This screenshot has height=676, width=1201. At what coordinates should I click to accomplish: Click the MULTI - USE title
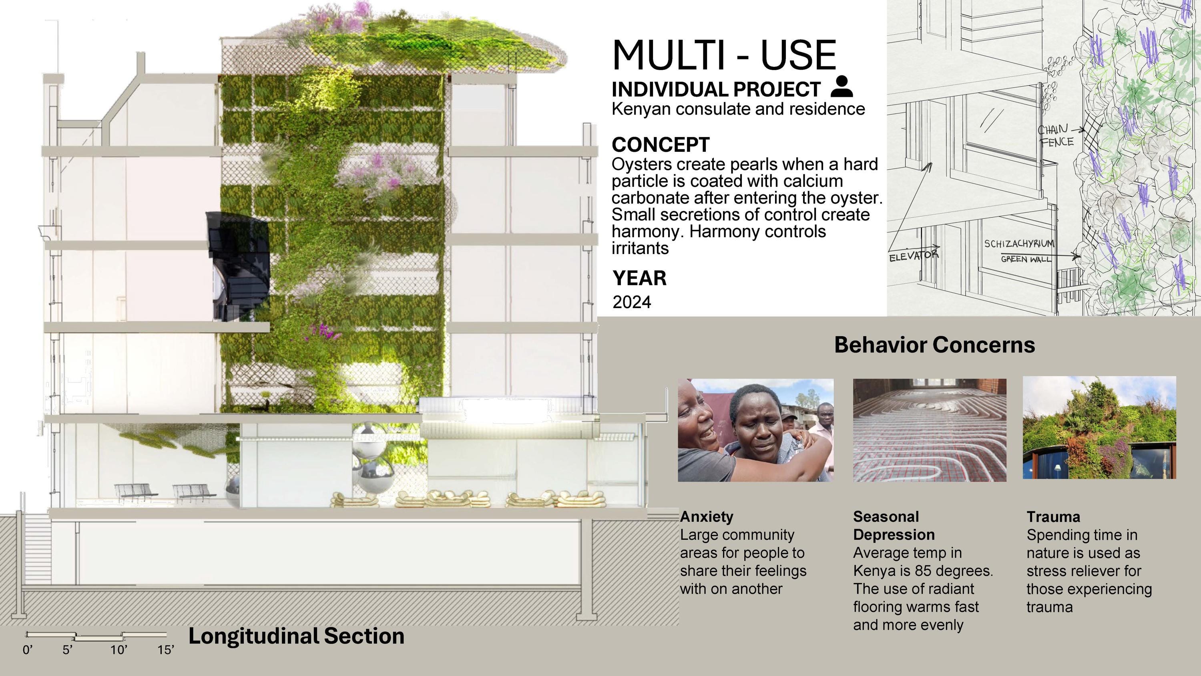[724, 55]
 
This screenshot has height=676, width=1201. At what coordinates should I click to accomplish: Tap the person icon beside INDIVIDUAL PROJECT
[842, 87]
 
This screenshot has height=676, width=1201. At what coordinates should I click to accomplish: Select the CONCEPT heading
[661, 145]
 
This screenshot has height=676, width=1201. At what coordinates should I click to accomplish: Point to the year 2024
[632, 302]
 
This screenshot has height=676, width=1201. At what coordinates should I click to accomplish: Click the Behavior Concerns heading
[934, 345]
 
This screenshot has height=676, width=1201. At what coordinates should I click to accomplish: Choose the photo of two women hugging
[756, 430]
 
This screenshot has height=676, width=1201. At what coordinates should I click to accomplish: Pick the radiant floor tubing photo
[930, 430]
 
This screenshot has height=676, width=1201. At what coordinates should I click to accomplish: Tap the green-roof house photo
[1099, 428]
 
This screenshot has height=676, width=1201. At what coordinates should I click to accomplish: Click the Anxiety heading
[706, 517]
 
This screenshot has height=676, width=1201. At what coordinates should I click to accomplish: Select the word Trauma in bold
[1053, 517]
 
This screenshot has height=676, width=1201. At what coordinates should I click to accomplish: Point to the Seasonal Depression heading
[894, 525]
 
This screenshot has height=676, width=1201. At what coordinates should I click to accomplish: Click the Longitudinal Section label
[296, 636]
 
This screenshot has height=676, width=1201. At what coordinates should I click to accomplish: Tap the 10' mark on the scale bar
[118, 650]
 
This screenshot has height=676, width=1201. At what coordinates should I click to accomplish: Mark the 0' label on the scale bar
[28, 650]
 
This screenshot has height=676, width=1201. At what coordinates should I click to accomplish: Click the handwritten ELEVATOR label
[913, 256]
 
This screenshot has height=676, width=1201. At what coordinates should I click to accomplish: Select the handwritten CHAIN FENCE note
[1056, 136]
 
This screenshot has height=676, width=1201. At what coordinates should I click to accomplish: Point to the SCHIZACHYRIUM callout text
[1019, 244]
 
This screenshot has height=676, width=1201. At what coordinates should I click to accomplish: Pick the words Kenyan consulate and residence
[738, 109]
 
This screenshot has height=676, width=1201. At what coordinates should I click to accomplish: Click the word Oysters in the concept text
[641, 165]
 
